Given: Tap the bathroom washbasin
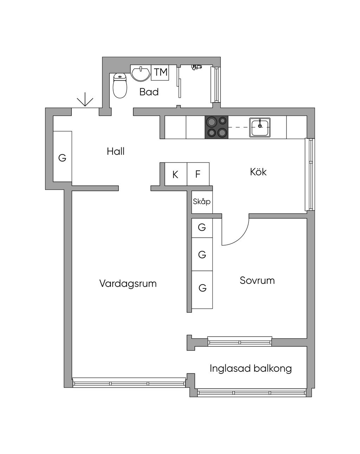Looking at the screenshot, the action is (x=141, y=73).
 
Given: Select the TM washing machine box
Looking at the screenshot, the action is (x=160, y=72).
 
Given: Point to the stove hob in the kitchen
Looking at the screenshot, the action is (x=217, y=127).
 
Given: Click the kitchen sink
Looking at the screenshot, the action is (x=260, y=127).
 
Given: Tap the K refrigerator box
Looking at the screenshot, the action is (x=176, y=174).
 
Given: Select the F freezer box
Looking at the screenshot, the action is (x=198, y=174).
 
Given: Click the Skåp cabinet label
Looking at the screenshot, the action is (x=201, y=202).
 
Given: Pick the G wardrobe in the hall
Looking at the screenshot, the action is (x=63, y=156).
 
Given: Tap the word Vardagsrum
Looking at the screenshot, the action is (x=128, y=284).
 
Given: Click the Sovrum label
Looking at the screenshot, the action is (x=257, y=281).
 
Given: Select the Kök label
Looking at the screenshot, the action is (x=258, y=172).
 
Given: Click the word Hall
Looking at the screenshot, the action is (x=116, y=152).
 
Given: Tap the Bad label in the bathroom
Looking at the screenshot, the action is (x=149, y=92).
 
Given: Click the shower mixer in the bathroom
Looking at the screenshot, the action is (x=197, y=67).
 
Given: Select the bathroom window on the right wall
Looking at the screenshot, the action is (x=216, y=85).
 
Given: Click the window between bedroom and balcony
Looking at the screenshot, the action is (x=240, y=341).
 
